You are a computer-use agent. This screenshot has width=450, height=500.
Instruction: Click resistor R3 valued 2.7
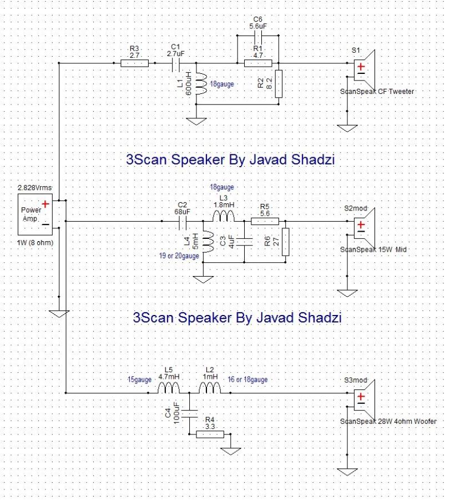(134, 63)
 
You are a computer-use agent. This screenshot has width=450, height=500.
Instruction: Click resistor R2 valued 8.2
(278, 83)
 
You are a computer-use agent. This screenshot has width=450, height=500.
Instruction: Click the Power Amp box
(36, 214)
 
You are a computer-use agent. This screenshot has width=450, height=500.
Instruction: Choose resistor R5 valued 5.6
(264, 221)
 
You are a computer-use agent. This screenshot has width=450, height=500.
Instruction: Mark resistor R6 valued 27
(285, 242)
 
